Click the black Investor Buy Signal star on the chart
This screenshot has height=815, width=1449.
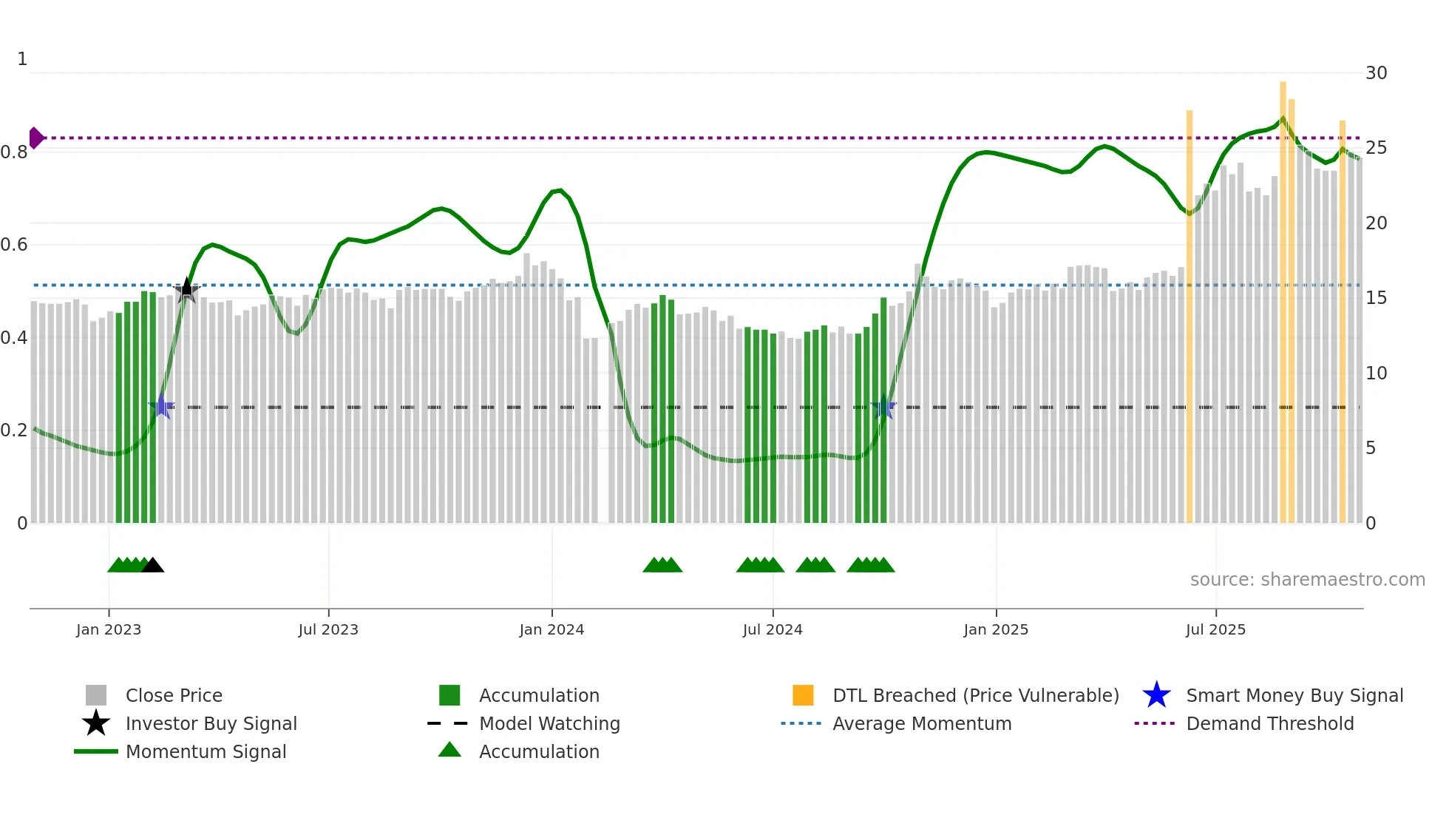pyautogui.click(x=186, y=290)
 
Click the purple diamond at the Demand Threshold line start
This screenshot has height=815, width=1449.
pyautogui.click(x=35, y=138)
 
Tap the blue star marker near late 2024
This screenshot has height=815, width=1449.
pyautogui.click(x=883, y=407)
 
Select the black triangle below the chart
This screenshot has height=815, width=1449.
pyautogui.click(x=152, y=566)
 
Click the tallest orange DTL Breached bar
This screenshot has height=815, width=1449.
pyautogui.click(x=1283, y=296)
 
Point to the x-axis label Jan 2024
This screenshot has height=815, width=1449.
pyautogui.click(x=552, y=629)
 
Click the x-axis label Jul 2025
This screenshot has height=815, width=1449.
pyautogui.click(x=1215, y=629)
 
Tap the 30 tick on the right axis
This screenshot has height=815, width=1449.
pyautogui.click(x=1376, y=73)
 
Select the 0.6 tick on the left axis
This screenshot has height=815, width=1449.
pyautogui.click(x=15, y=245)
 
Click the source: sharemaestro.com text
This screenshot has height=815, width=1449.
pyautogui.click(x=1307, y=580)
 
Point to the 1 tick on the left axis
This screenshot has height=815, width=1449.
pyautogui.click(x=22, y=59)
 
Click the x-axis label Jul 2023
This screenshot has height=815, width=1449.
pyautogui.click(x=328, y=629)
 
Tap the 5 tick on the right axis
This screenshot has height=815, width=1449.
pyautogui.click(x=1370, y=448)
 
